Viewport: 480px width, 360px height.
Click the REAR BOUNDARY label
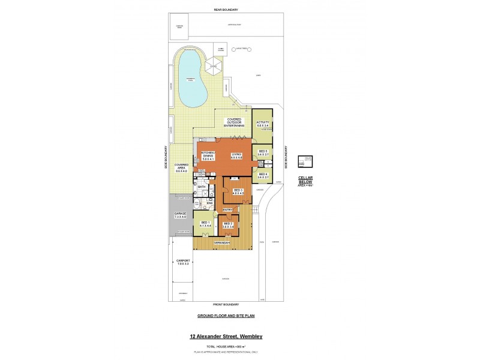point(226,10)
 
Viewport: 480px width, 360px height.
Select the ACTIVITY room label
point(262,123)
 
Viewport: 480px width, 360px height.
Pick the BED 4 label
point(262,175)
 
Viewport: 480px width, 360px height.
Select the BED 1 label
point(205,224)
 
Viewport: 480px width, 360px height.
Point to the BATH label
point(202,187)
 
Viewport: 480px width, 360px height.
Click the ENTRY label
point(227,209)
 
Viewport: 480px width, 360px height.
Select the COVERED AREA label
point(181,166)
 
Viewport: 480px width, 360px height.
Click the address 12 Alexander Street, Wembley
point(226,337)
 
